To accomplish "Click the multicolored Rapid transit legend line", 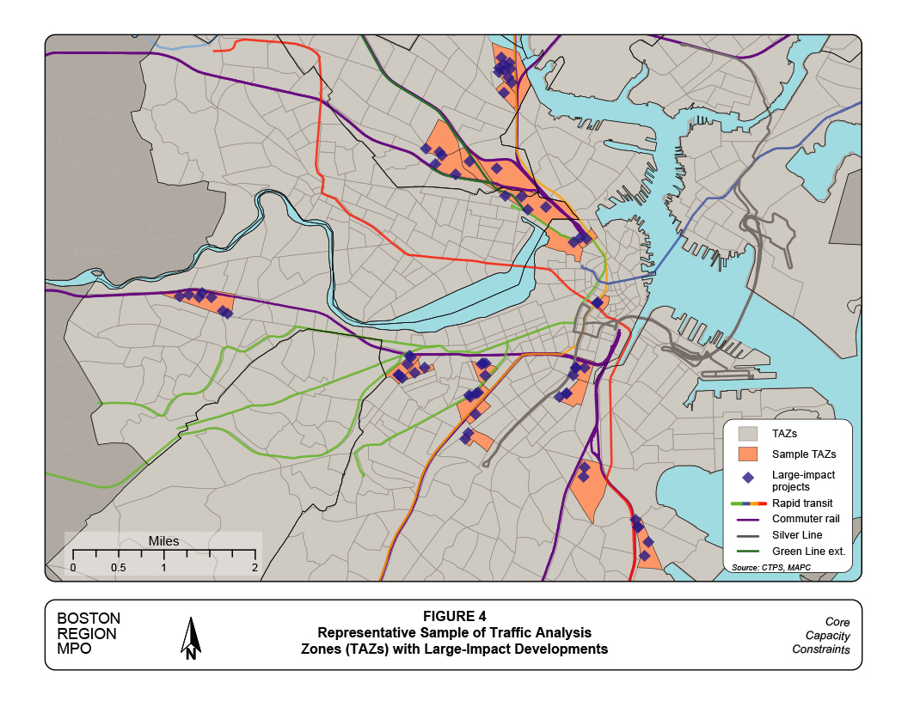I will coord(748,503).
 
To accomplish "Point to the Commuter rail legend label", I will coord(805,519).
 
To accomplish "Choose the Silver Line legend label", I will coord(796,534).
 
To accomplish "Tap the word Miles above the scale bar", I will coord(163,542).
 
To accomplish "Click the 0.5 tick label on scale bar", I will coord(118,568).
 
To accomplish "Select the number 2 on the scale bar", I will coord(255,568).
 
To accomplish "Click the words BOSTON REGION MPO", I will coord(89,634).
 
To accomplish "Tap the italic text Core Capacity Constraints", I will coord(820,635).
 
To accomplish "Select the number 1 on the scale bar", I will coord(163,568).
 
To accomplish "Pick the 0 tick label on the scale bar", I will coord(73,568).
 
